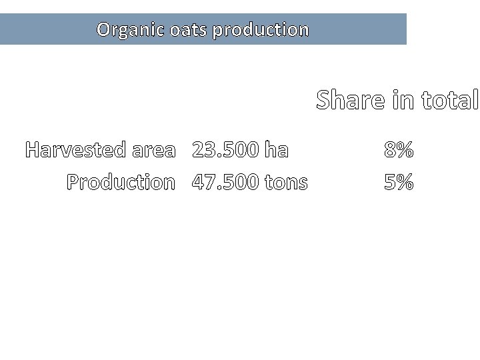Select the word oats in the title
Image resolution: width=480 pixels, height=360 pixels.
[x=189, y=30]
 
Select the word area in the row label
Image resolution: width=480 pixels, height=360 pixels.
[x=153, y=151]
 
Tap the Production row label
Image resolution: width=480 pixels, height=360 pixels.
[x=121, y=182]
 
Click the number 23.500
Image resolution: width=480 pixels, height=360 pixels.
[x=225, y=150]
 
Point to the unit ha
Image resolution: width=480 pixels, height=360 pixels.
[x=276, y=150]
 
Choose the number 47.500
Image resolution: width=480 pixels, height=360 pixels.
[x=225, y=182]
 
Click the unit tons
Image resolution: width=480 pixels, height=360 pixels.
[x=286, y=183]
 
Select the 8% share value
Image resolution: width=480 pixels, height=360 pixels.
[x=399, y=150]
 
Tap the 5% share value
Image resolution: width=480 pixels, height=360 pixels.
[x=399, y=182]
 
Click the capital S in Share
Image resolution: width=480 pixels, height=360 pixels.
[x=325, y=100]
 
